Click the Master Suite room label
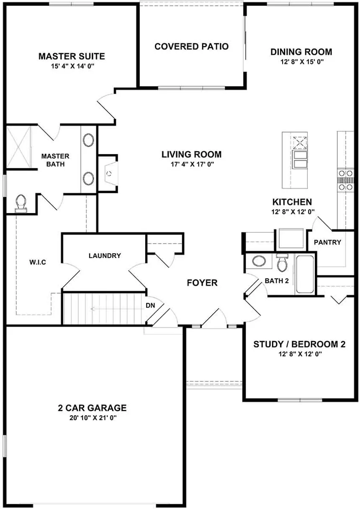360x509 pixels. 72,56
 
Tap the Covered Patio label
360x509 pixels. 191,46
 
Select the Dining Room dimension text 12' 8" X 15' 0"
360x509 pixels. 301,62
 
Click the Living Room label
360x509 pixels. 191,154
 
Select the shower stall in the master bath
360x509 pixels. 18,147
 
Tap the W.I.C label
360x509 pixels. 38,262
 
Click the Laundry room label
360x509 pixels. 105,255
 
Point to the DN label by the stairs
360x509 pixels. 151,305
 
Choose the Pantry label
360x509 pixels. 327,242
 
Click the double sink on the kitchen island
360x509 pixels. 300,159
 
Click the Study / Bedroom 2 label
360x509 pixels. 299,344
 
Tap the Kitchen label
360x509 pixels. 292,202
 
